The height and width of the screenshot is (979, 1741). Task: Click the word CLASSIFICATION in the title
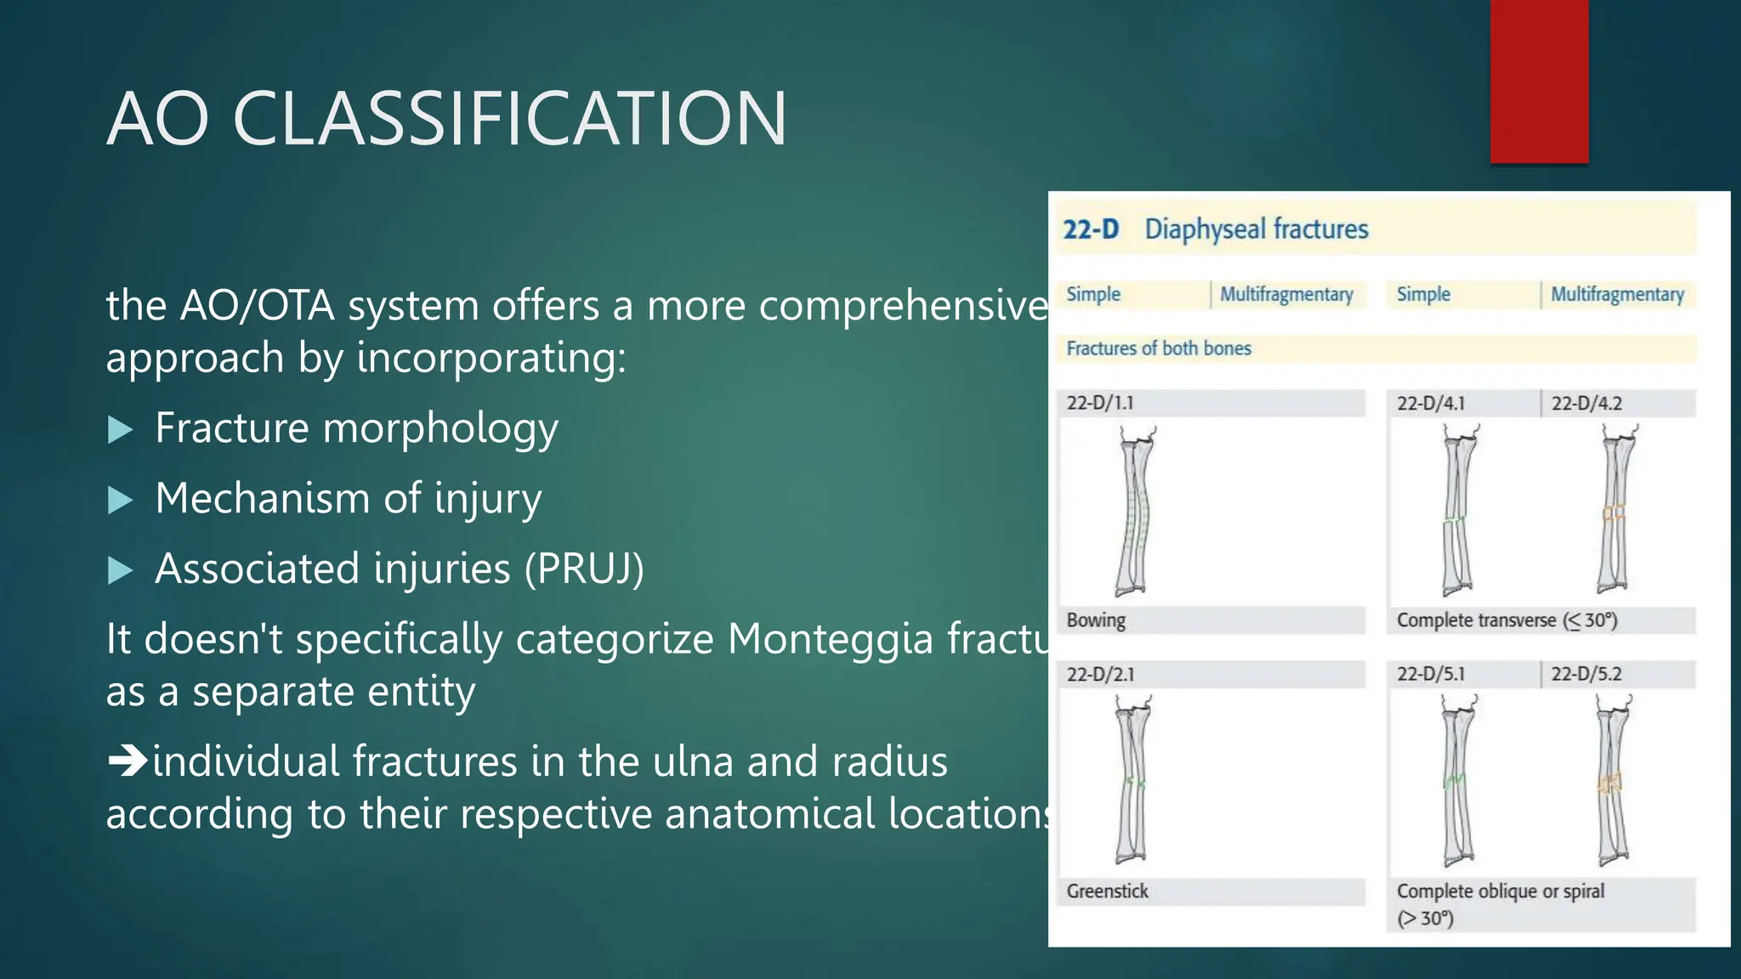click(x=510, y=119)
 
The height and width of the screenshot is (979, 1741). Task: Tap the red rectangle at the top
click(x=1539, y=81)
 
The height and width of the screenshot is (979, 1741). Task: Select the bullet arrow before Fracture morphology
click(x=121, y=430)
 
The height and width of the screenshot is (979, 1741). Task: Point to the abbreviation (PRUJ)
click(x=584, y=569)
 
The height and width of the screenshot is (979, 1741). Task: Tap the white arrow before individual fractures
click(x=128, y=761)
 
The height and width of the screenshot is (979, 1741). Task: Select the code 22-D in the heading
click(x=1091, y=229)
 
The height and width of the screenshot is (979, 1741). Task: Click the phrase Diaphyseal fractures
click(x=1256, y=229)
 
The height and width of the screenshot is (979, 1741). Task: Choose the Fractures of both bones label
click(x=1159, y=348)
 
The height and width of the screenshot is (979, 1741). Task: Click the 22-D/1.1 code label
click(x=1100, y=403)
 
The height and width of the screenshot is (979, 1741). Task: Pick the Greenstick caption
click(x=1107, y=891)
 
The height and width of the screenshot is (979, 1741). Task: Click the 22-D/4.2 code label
click(x=1586, y=404)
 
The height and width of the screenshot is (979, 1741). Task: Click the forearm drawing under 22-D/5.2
click(x=1612, y=780)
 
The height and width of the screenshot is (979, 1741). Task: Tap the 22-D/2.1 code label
click(x=1100, y=675)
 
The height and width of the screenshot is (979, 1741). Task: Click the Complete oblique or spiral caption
click(x=1500, y=892)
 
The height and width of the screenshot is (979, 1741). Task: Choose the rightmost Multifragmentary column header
click(x=1617, y=294)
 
